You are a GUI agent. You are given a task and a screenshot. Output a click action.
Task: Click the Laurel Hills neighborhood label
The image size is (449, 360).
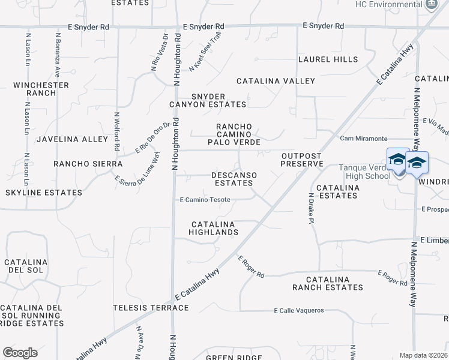[328, 59]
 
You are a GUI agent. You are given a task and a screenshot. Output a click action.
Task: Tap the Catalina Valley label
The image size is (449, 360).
[276, 81]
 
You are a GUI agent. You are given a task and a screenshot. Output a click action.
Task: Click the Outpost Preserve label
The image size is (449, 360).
[302, 160]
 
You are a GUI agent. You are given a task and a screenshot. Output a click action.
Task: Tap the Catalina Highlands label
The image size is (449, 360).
[213, 227]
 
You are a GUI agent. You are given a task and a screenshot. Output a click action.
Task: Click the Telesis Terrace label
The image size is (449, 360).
[151, 308]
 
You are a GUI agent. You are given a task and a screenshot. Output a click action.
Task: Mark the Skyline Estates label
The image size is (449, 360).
[43, 193]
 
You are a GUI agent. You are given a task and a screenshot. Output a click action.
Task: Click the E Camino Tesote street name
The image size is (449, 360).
[205, 200]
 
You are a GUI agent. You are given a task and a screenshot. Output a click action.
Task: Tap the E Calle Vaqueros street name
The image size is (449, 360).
[298, 311]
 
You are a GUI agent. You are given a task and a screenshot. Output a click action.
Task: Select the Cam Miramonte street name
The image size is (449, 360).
[363, 139]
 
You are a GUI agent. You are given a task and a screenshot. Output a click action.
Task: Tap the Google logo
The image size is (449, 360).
[20, 353]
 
